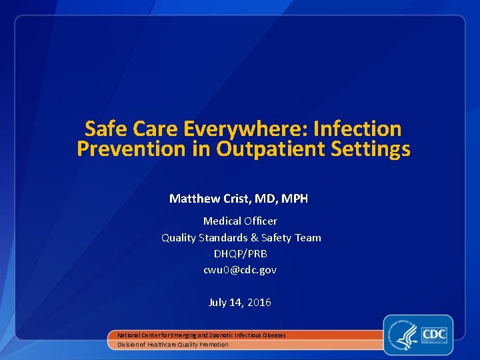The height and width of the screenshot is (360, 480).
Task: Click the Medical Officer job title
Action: tap(240, 221)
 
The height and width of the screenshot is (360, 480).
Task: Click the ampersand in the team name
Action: tap(255, 237)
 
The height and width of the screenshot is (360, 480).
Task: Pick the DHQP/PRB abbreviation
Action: tap(240, 253)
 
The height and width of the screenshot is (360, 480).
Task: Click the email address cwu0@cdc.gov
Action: tap(240, 270)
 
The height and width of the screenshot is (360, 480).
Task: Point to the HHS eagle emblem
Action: tap(404, 335)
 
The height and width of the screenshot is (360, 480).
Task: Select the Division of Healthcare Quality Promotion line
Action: tap(173, 345)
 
